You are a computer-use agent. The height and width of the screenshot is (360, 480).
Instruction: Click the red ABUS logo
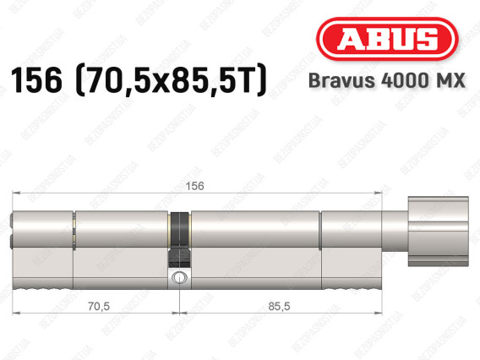[387, 39]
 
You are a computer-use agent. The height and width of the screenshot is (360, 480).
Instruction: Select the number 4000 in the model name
[404, 80]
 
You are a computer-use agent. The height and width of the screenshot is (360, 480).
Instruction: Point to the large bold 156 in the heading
[36, 81]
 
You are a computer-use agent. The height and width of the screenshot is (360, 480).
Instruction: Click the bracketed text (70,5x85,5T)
[171, 81]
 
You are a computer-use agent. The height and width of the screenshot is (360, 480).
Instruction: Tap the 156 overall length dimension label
[194, 186]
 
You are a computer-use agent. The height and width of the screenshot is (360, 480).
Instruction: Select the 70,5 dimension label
[99, 306]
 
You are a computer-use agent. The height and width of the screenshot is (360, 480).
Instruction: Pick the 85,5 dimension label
[279, 306]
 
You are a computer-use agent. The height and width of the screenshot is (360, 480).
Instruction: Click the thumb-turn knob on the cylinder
[438, 232]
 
